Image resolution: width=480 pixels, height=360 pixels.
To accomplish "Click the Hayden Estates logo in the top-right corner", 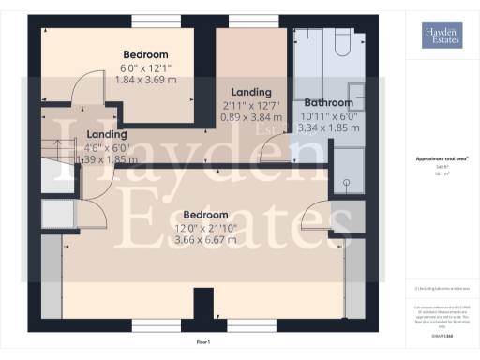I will [x=441, y=37].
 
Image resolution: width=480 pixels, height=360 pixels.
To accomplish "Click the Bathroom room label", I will [x=327, y=102].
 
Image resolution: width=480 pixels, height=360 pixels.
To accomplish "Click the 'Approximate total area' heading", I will [x=441, y=159].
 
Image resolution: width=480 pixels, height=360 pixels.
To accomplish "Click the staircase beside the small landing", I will [x=57, y=150].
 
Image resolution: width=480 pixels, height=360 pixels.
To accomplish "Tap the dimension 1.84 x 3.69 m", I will [x=145, y=82].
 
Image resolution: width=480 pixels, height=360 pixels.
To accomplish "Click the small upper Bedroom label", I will [x=145, y=54].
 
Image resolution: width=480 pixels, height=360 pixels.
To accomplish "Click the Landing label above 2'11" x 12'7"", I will [x=247, y=92].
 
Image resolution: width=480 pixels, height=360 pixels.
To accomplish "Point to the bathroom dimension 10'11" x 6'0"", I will [x=326, y=115].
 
